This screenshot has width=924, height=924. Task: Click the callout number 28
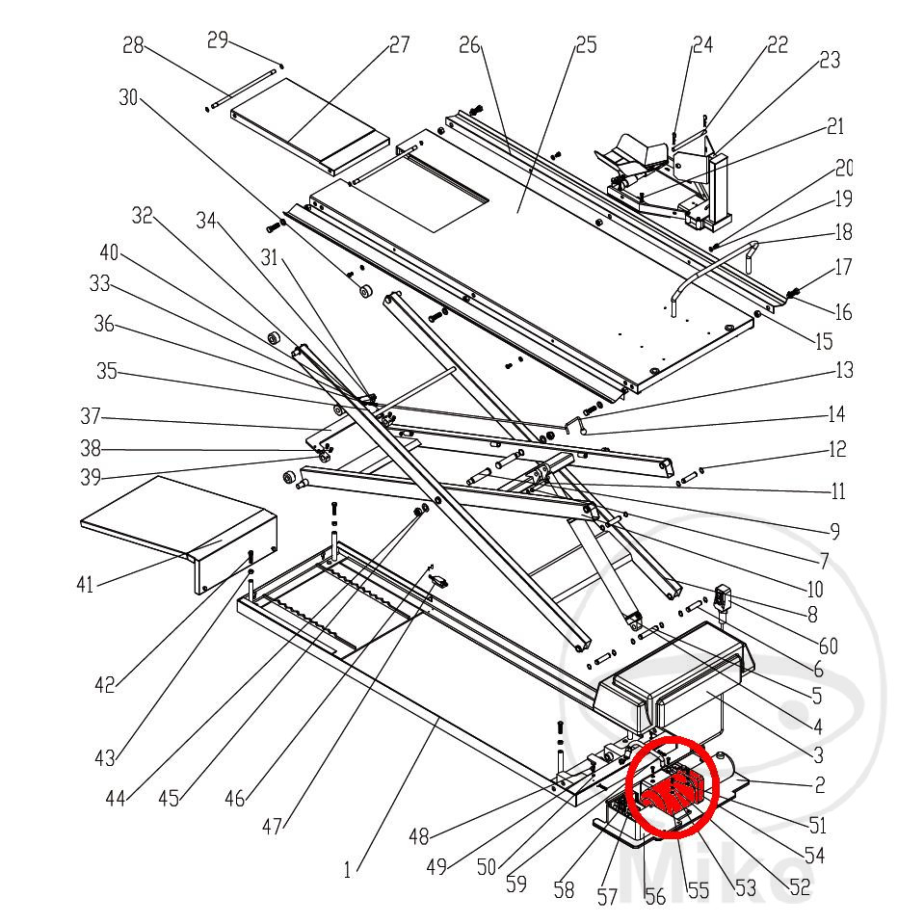[x=133, y=45]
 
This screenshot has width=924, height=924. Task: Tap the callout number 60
[x=829, y=646]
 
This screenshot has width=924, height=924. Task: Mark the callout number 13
[x=844, y=370]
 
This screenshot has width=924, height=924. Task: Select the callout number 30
[x=129, y=97]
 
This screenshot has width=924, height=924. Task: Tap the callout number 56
[x=655, y=897]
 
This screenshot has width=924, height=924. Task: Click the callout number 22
[x=777, y=44]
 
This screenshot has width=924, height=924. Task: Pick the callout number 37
[x=91, y=419]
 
